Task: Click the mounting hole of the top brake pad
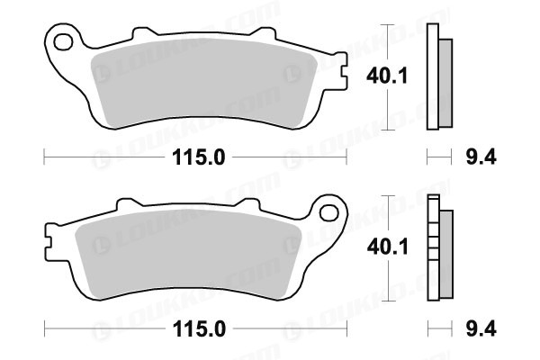tap(63, 42)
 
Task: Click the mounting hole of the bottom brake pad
tap(328, 213)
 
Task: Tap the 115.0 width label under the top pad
tap(198, 157)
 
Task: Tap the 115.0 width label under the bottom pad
tap(199, 329)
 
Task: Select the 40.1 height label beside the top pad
tap(387, 76)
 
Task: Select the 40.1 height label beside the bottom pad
tap(387, 247)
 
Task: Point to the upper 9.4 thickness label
tap(481, 157)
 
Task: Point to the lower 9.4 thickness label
tap(481, 329)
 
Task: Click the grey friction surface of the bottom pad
tap(188, 254)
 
